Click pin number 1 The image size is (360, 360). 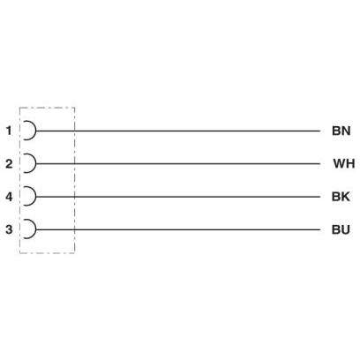point(10,131)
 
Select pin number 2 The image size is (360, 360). point(9,163)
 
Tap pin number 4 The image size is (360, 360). point(9,197)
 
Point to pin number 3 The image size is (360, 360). point(9,229)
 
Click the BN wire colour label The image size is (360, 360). point(341,131)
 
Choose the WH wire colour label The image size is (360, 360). point(344,163)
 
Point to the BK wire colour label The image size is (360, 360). point(341,197)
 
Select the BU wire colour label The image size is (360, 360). point(341,229)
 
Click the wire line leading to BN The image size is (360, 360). point(178,131)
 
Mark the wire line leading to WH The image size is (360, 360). point(178,163)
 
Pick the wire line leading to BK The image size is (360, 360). point(178,197)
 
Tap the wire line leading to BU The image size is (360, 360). point(178,229)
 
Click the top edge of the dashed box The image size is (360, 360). point(47,108)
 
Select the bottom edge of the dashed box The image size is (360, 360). point(47,252)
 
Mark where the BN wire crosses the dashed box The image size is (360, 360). point(74,131)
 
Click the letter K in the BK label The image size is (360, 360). point(346,197)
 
